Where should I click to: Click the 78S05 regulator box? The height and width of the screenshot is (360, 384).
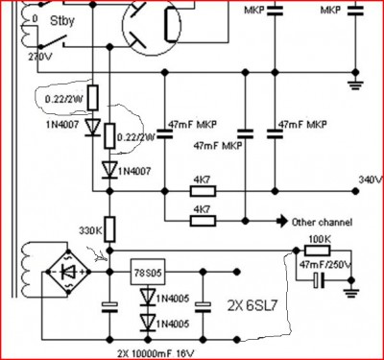[148, 272]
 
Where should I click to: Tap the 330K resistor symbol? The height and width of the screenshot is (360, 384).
[109, 229]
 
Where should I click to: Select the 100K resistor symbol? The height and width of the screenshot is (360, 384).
[317, 251]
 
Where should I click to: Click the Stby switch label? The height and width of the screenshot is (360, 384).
[62, 21]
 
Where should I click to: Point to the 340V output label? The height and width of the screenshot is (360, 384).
[371, 180]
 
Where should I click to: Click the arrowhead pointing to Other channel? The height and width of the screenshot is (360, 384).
[282, 221]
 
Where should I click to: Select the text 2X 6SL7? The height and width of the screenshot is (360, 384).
[252, 306]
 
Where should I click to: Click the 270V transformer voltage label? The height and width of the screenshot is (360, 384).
[40, 57]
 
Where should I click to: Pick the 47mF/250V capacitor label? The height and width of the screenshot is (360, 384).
[325, 265]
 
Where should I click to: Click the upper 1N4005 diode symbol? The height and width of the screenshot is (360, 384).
[148, 297]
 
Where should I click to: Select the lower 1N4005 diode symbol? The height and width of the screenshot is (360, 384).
[148, 323]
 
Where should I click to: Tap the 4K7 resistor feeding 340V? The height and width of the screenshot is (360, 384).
[203, 191]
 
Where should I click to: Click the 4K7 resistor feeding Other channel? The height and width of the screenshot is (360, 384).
[203, 221]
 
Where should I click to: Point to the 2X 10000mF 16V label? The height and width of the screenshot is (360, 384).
[156, 354]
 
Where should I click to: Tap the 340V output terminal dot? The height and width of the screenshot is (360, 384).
[355, 191]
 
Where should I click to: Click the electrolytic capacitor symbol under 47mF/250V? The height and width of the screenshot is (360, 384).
[320, 280]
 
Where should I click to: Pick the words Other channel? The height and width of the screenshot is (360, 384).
[322, 222]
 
